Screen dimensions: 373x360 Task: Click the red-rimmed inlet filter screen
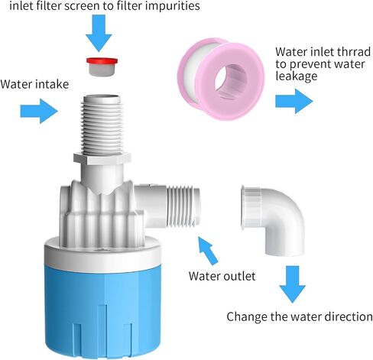102,66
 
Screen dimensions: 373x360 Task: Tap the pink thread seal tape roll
221,79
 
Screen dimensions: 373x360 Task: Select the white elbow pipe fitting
273,219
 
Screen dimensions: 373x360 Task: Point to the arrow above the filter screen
99,33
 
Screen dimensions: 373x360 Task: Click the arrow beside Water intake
39,111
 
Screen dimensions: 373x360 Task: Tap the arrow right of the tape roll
294,101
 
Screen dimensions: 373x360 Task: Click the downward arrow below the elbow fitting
292,284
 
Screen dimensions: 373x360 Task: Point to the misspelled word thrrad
352,52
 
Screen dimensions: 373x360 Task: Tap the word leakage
297,76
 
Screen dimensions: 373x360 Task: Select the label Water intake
34,84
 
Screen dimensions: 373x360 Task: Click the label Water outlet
222,276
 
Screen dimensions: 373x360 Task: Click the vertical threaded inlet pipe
102,125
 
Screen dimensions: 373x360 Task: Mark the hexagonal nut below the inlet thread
102,158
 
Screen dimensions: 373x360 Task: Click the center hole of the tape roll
231,80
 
